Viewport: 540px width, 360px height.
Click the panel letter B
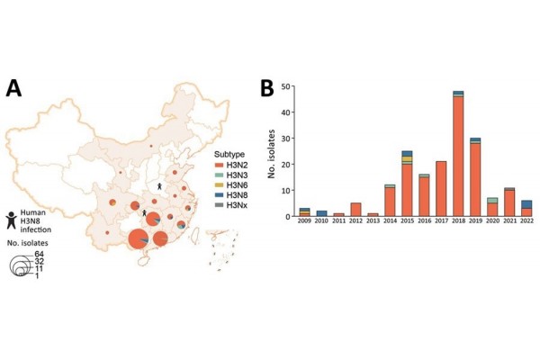click(x=267, y=87)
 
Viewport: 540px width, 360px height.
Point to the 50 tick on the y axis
click(x=286, y=87)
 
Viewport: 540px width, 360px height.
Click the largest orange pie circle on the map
click(x=139, y=239)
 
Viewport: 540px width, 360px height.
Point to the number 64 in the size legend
click(x=40, y=256)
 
